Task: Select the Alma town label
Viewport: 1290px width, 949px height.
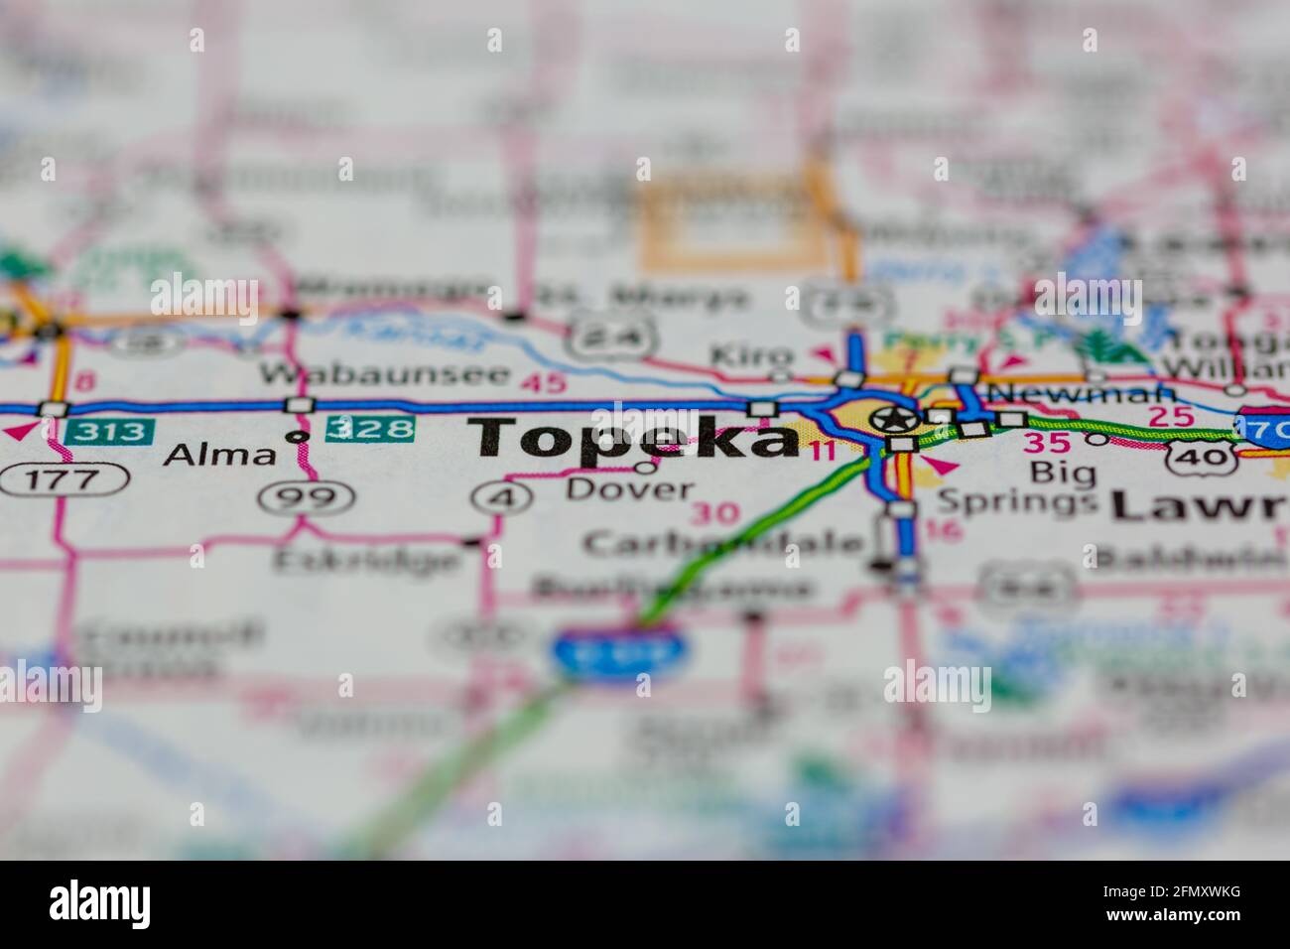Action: [x=219, y=455]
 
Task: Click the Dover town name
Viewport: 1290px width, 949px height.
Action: [x=630, y=488]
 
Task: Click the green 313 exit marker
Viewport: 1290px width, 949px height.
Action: [x=110, y=432]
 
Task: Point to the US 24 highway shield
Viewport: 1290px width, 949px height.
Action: [x=611, y=338]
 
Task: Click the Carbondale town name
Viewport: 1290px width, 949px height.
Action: [x=723, y=542]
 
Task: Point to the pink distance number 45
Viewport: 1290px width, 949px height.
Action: [x=542, y=383]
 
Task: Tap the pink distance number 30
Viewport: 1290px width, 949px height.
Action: [x=714, y=514]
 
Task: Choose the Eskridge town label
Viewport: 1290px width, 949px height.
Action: [x=367, y=560]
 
